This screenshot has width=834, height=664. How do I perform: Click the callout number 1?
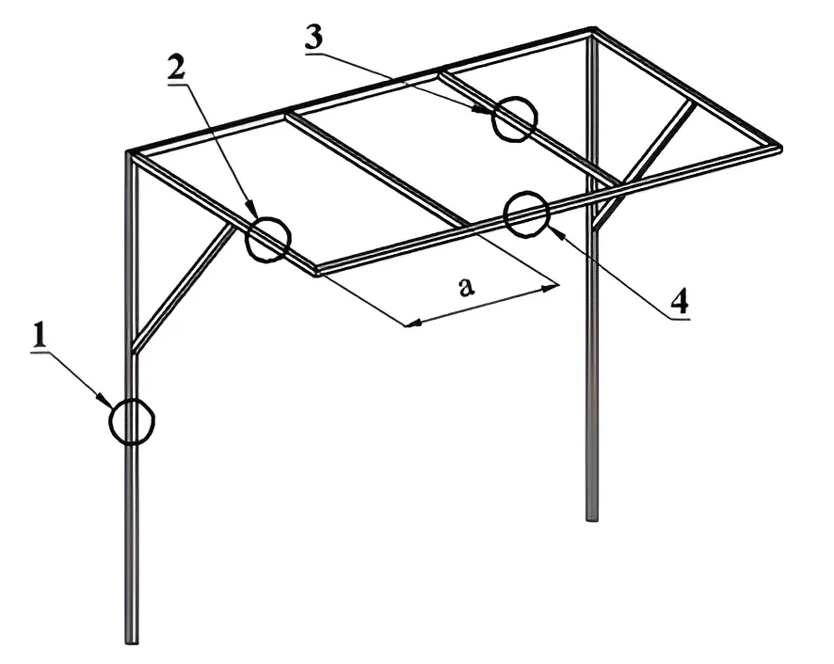pyautogui.click(x=39, y=336)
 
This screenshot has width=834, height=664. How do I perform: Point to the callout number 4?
pyautogui.click(x=680, y=301)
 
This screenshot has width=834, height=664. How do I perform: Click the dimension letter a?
pyautogui.click(x=466, y=288)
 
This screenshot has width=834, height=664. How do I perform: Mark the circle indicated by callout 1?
pyautogui.click(x=132, y=420)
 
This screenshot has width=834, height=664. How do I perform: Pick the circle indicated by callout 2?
pyautogui.click(x=268, y=239)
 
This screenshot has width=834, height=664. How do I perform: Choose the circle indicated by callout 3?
pyautogui.click(x=514, y=119)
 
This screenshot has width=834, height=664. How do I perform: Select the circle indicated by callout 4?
pyautogui.click(x=526, y=213)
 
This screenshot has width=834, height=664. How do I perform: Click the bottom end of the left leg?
pyautogui.click(x=132, y=642)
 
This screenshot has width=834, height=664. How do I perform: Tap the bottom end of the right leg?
pyautogui.click(x=591, y=518)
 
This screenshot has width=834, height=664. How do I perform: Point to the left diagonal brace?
pyautogui.click(x=184, y=288)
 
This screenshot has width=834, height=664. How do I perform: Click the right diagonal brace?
pyautogui.click(x=644, y=165)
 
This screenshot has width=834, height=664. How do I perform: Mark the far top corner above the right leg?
pyautogui.click(x=592, y=30)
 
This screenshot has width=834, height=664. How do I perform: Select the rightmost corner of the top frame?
pyautogui.click(x=779, y=149)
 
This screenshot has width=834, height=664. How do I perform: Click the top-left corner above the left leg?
pyautogui.click(x=129, y=153)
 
